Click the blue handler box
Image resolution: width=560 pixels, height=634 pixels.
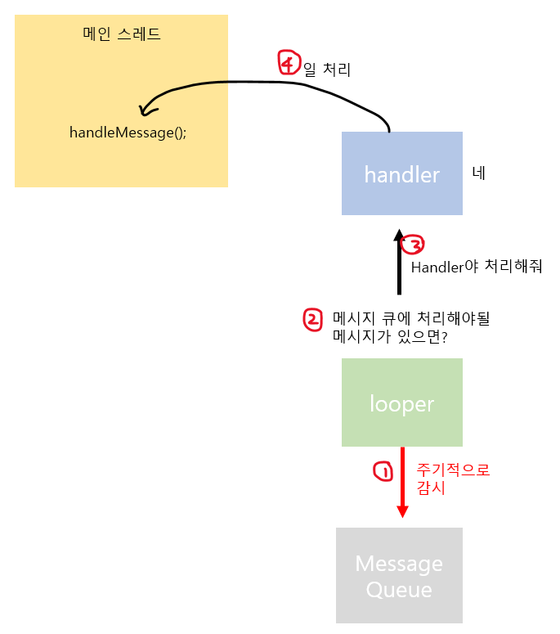pyautogui.click(x=402, y=173)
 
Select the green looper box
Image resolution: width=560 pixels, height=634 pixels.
pyautogui.click(x=402, y=402)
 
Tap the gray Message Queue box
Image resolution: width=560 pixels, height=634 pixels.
pyautogui.click(x=399, y=575)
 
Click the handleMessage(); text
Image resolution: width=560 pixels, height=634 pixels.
pyautogui.click(x=128, y=133)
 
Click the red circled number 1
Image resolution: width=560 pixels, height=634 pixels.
pyautogui.click(x=382, y=471)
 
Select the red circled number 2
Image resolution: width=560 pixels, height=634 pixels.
pyautogui.click(x=313, y=319)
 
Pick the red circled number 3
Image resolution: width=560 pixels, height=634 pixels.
pyautogui.click(x=414, y=244)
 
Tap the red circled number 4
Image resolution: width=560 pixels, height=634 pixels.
pyautogui.click(x=289, y=63)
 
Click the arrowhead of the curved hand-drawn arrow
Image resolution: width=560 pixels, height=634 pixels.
pyautogui.click(x=146, y=109)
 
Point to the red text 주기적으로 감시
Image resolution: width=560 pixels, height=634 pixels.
pyautogui.click(x=453, y=479)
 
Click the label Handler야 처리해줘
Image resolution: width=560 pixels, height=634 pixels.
pyautogui.click(x=477, y=267)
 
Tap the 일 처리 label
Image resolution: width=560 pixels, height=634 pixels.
pyautogui.click(x=327, y=70)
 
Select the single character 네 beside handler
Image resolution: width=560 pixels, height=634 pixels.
pyautogui.click(x=479, y=173)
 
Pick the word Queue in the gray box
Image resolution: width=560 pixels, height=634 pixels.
pyautogui.click(x=399, y=590)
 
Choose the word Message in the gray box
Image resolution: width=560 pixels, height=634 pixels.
pyautogui.click(x=399, y=564)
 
